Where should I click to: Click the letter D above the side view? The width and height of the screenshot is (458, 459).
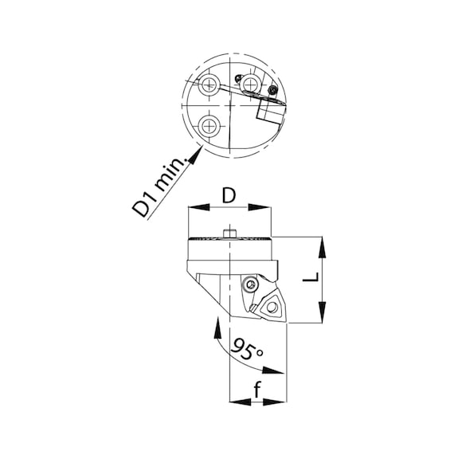point(229,195)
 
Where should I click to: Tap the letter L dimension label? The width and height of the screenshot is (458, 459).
point(311,277)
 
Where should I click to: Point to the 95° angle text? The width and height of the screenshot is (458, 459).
point(247,348)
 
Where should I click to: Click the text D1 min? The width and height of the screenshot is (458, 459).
point(159,187)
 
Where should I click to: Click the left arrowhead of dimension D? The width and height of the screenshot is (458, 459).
point(199,207)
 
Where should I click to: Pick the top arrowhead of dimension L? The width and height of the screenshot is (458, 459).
point(323,247)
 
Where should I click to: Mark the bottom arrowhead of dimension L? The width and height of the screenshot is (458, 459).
point(323,312)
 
